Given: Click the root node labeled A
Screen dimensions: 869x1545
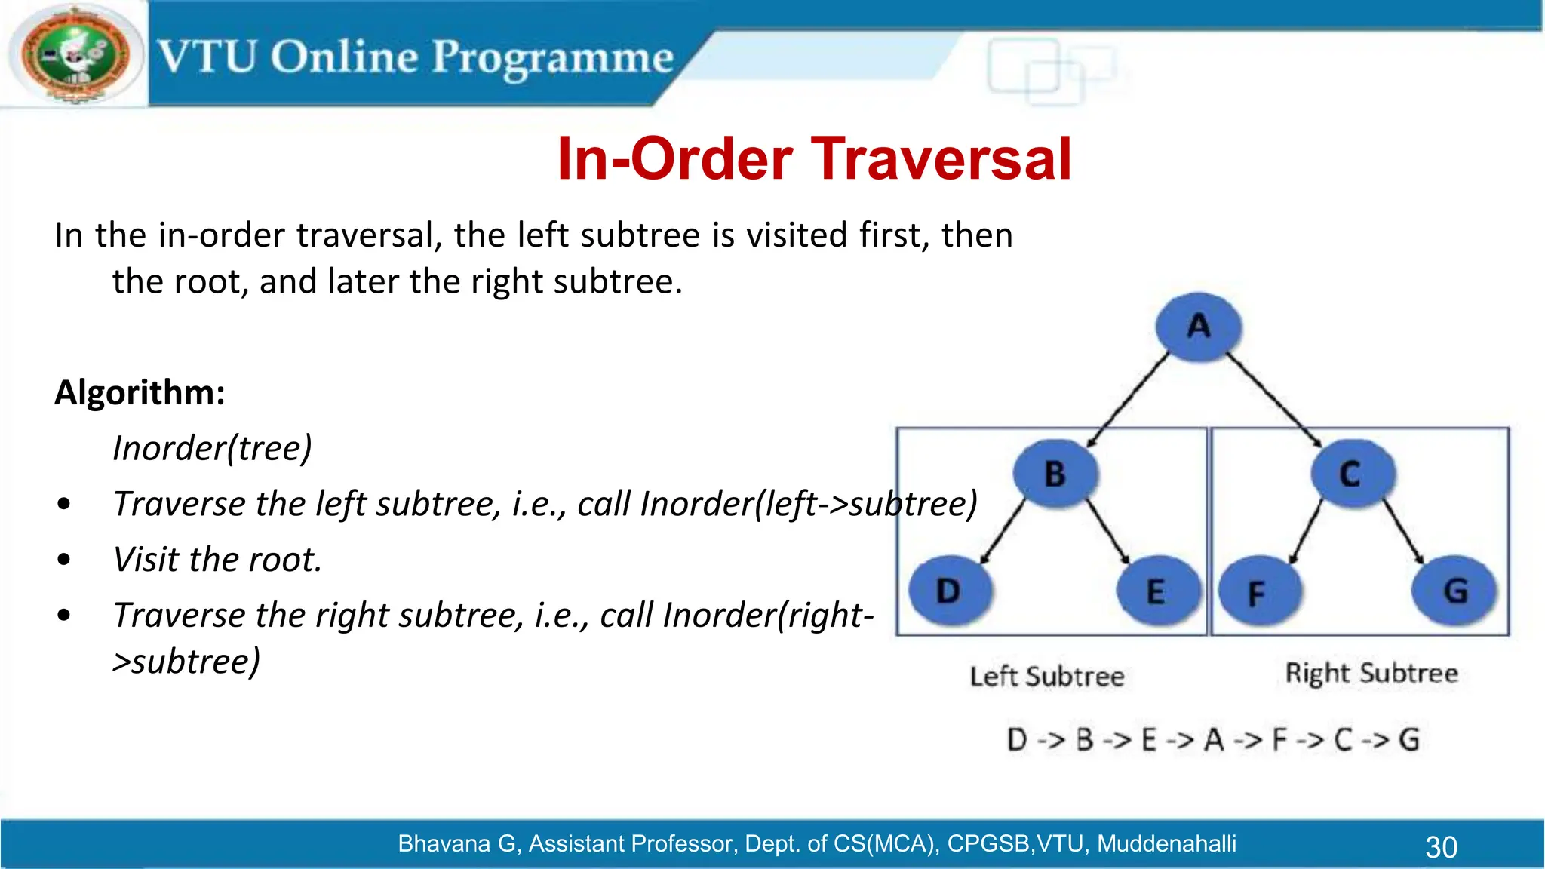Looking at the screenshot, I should coord(1198,327).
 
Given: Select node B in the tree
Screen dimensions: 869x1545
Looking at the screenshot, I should coord(1055,474).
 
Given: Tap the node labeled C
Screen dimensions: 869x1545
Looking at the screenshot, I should coord(1350,474).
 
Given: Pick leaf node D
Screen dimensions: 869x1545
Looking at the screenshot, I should coord(948,591).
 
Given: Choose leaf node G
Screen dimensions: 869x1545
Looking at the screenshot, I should coord(1455,591).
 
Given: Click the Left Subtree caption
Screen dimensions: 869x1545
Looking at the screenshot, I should coord(1046,676).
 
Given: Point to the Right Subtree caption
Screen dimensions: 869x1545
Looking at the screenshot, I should coord(1371,673).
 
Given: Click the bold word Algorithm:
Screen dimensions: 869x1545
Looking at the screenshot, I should coord(140,393).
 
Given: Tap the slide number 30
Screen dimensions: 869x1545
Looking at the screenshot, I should coord(1441,847).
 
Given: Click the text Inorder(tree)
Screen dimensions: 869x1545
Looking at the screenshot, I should coord(212,448).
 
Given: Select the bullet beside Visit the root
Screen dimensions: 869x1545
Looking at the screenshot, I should coord(64,560).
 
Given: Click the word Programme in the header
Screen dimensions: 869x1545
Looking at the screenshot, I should coord(552,58).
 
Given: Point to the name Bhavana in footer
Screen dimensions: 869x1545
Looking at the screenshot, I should coord(444,843).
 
